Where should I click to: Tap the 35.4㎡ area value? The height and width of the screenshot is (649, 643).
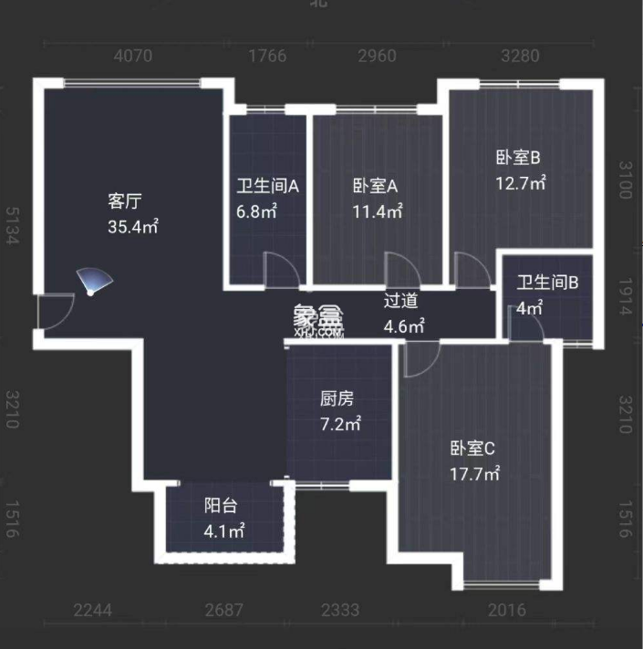coord(133,226)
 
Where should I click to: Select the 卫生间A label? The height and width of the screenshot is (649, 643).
coord(268,187)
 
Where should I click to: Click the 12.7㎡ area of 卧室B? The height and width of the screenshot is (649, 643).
coord(520,183)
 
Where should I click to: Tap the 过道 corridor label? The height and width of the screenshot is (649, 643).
coord(400,299)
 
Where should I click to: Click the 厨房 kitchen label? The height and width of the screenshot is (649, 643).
coord(337,398)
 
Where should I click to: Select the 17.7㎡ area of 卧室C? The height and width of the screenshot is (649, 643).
coord(475,474)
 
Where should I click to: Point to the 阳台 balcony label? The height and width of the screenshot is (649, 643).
coord(221,506)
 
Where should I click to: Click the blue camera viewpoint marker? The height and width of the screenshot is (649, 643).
coord(91,283)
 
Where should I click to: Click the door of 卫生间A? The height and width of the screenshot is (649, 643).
coord(278,269)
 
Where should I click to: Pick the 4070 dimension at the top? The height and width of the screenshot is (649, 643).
coord(132,57)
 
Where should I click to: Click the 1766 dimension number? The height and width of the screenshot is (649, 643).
coord(268,57)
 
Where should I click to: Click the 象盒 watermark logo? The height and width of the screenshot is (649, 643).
coord(318,318)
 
